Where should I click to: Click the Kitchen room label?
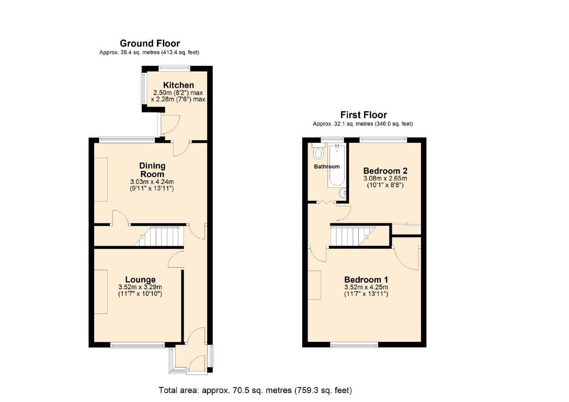tap(178, 85)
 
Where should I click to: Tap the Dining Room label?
tap(152, 170)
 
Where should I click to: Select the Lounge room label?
tap(140, 279)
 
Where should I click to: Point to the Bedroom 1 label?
tap(366, 279)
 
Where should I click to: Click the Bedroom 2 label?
tap(385, 170)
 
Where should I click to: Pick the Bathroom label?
tap(326, 167)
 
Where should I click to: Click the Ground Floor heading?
tap(150, 43)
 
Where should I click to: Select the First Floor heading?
tap(363, 115)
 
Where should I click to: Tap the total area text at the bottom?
tap(255, 390)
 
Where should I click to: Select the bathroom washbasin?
tap(342, 193)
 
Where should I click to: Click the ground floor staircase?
tap(159, 237)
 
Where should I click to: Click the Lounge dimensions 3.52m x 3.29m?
tap(140, 287)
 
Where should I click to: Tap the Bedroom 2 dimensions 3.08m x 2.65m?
tap(385, 178)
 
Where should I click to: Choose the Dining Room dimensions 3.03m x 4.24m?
tap(152, 182)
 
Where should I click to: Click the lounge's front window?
tap(138, 345)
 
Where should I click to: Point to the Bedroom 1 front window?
tap(354, 344)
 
